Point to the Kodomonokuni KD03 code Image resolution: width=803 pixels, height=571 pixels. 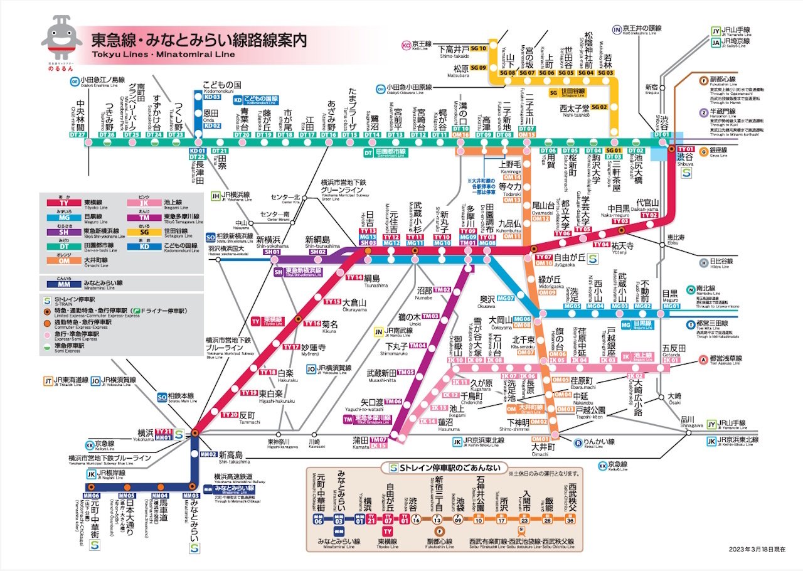point(212,97)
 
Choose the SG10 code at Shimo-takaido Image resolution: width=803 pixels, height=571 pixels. point(479,48)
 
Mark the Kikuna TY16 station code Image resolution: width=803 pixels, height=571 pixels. point(312,323)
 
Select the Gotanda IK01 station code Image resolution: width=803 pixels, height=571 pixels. point(671,360)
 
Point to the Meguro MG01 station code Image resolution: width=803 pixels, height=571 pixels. point(672,306)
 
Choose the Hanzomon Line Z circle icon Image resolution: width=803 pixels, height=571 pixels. point(705,112)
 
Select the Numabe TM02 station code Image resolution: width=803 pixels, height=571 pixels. point(442,289)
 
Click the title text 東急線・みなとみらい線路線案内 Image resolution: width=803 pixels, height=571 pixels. point(199,41)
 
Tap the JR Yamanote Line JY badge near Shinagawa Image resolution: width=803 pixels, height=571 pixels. point(711,424)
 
